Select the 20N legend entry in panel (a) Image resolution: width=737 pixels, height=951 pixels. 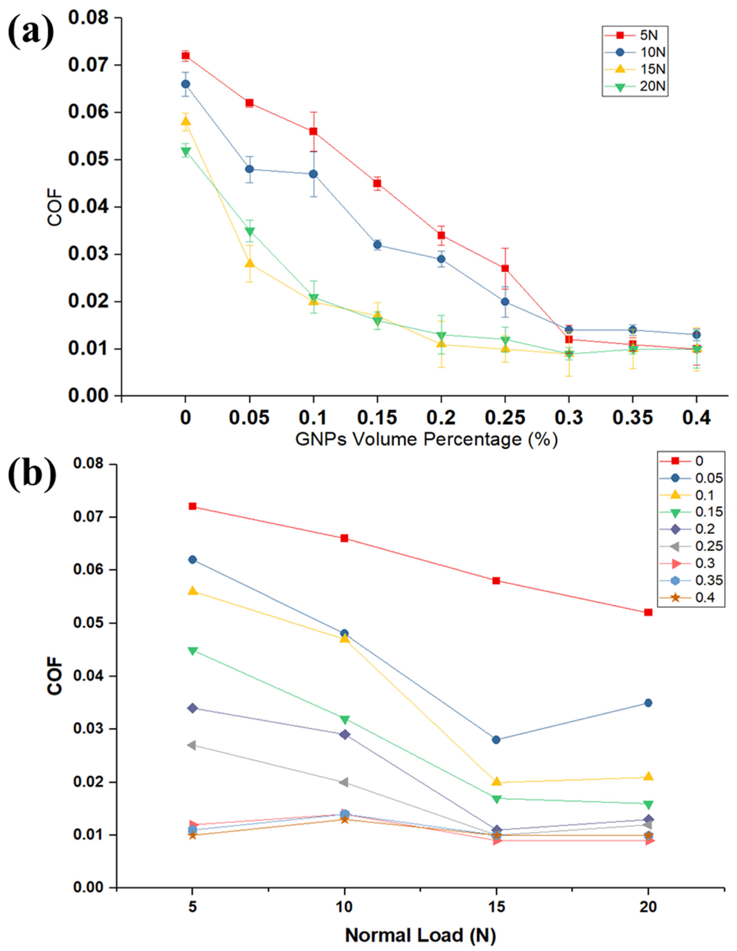(635, 87)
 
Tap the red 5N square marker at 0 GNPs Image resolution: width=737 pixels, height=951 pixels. (186, 56)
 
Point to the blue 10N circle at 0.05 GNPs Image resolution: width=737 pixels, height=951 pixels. (249, 169)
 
